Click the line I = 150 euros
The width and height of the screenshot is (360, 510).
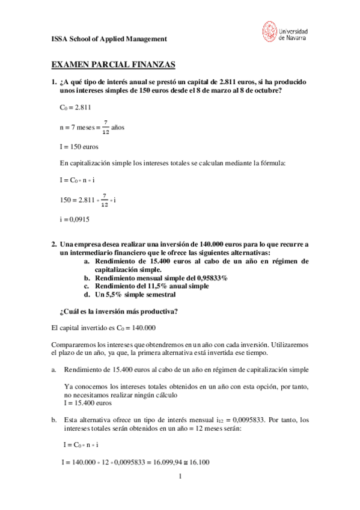click(79, 146)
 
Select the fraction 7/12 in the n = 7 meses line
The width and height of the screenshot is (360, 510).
click(106, 127)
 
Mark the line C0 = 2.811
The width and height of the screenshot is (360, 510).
click(76, 108)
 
